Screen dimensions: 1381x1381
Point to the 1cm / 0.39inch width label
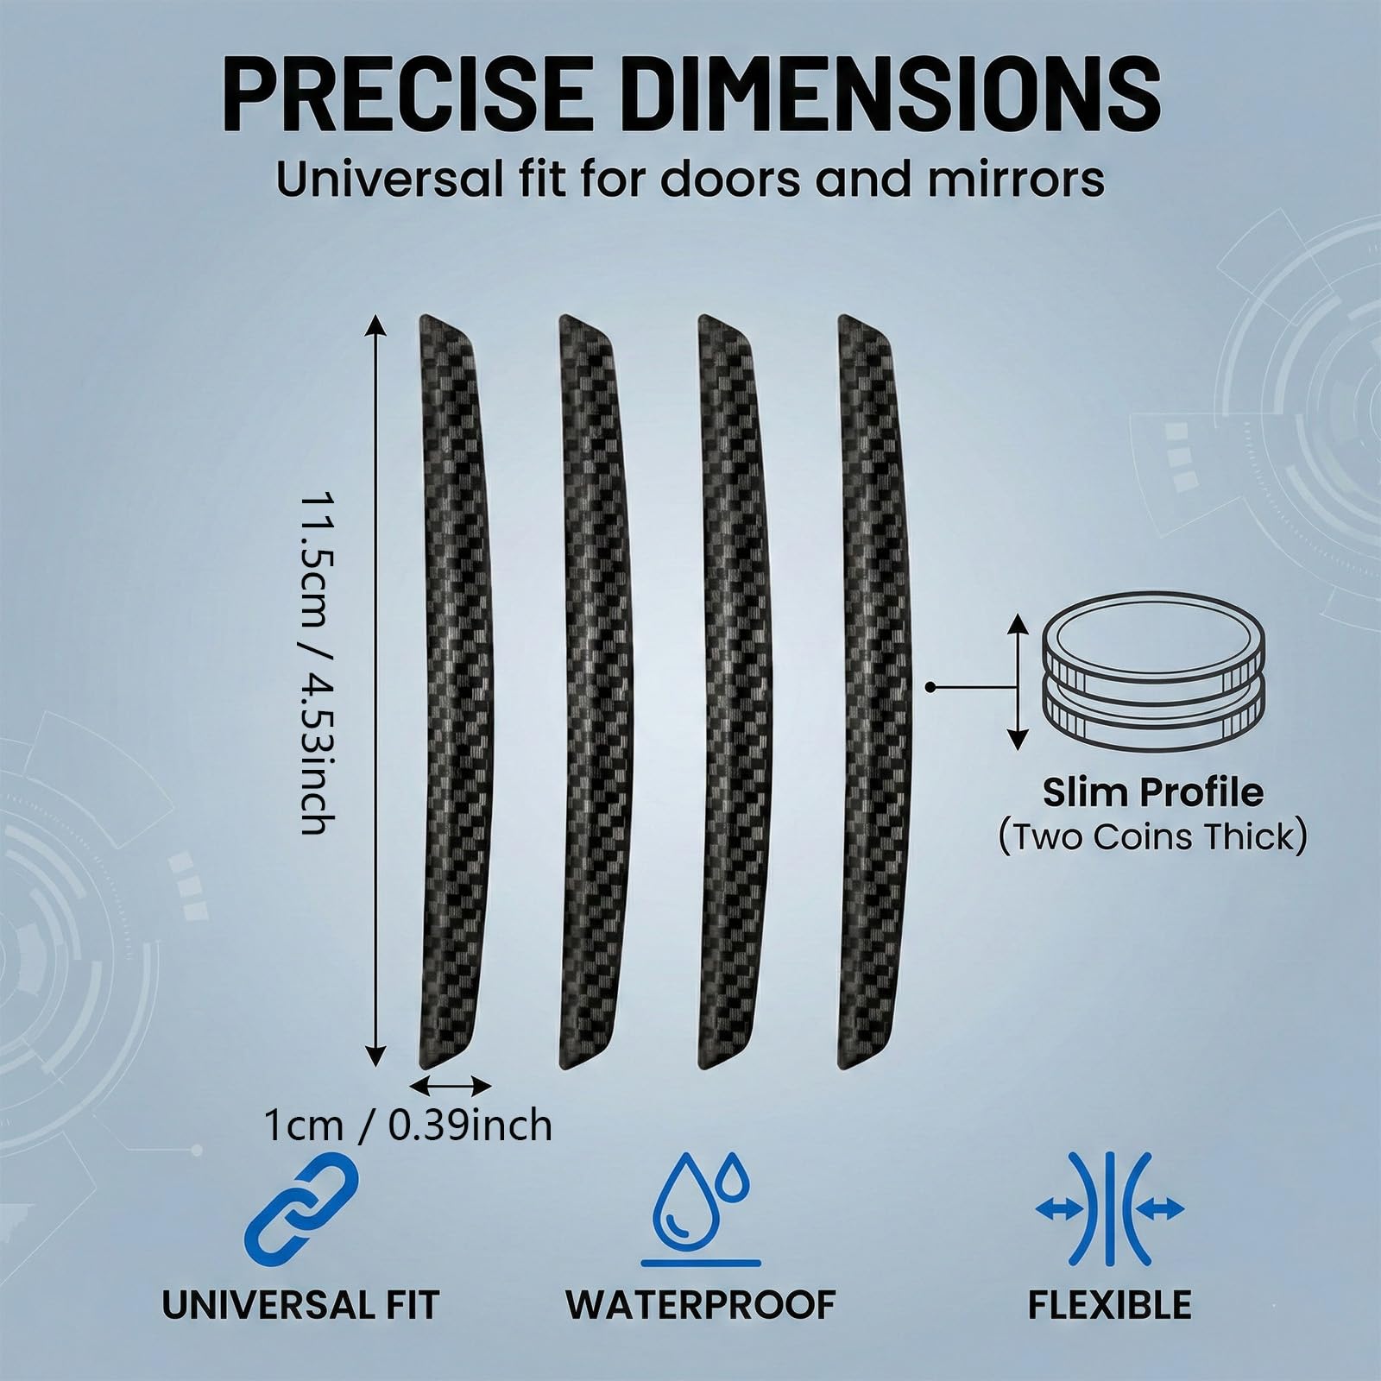(407, 1126)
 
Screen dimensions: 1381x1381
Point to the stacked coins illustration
(1153, 681)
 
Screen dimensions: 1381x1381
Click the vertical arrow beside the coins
(1019, 682)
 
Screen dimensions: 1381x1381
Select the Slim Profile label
(1152, 792)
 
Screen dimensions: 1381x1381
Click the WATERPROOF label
(701, 1327)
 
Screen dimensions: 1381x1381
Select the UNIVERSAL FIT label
(300, 1327)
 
